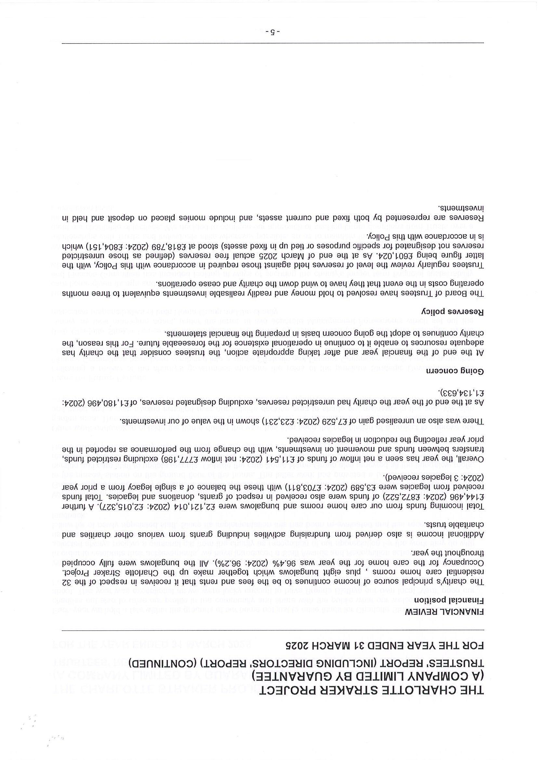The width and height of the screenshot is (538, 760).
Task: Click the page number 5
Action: pos(273,32)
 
